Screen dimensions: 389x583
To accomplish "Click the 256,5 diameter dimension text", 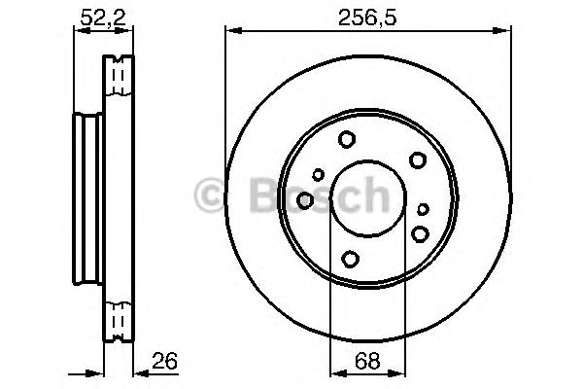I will click(366, 13).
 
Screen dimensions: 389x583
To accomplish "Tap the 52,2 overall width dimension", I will click(94, 13).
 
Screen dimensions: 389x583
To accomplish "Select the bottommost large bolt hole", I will click(350, 259).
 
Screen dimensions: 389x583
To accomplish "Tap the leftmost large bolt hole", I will click(304, 199).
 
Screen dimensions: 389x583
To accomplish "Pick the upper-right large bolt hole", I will click(417, 160).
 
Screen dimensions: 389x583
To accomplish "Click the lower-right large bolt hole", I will click(420, 232).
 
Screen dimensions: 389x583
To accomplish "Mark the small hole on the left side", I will click(318, 175).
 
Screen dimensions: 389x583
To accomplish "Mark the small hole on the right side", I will click(422, 209).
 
